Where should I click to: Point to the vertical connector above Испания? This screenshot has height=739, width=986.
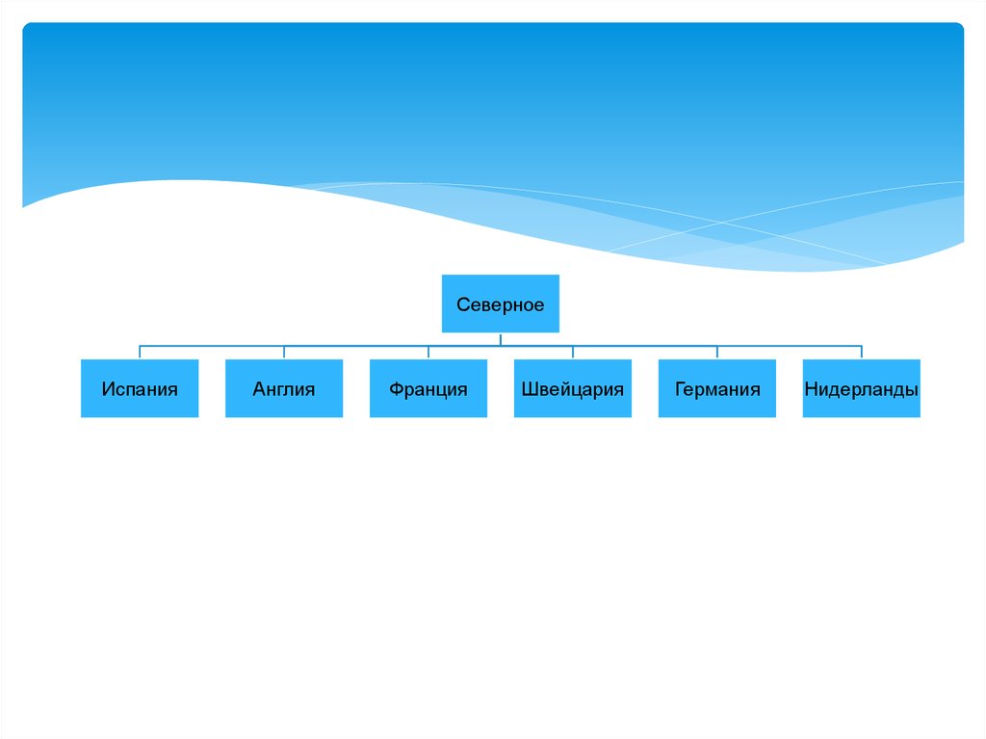pyautogui.click(x=140, y=353)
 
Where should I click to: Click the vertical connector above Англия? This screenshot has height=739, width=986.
pyautogui.click(x=284, y=353)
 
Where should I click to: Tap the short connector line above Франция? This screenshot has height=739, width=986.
pyautogui.click(x=428, y=353)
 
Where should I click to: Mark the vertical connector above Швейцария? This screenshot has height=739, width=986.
pyautogui.click(x=573, y=353)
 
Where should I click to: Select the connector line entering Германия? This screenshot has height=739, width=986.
pyautogui.click(x=717, y=353)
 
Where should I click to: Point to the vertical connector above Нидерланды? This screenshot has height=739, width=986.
pyautogui.click(x=862, y=353)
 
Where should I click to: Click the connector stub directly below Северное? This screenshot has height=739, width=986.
pyautogui.click(x=501, y=338)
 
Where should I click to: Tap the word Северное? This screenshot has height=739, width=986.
pyautogui.click(x=500, y=305)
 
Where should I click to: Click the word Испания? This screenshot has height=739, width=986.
pyautogui.click(x=140, y=389)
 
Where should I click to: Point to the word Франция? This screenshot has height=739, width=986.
pyautogui.click(x=428, y=389)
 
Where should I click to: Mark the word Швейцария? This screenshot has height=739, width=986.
pyautogui.click(x=573, y=389)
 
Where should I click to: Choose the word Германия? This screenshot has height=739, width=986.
pyautogui.click(x=717, y=389)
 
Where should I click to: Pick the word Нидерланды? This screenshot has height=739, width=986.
pyautogui.click(x=862, y=389)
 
